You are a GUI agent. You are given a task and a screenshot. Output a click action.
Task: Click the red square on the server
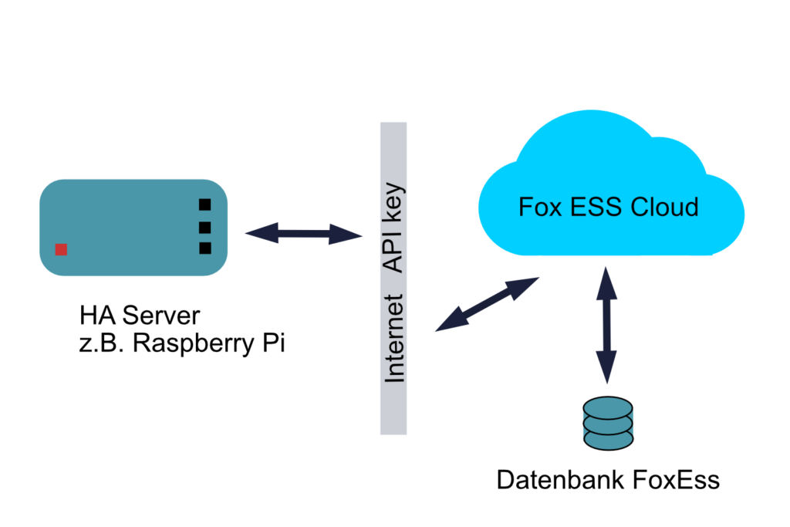(x=61, y=249)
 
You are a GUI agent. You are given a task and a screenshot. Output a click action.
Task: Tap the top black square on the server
(x=204, y=204)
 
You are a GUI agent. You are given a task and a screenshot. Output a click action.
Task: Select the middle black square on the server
(x=204, y=227)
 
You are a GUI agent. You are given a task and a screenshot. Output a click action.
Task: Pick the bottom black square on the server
(x=204, y=248)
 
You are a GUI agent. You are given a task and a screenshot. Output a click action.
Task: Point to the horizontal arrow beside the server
(x=303, y=232)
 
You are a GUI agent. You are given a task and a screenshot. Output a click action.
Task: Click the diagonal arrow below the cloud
(x=487, y=305)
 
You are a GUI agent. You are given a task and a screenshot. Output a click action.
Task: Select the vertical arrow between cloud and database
(x=606, y=324)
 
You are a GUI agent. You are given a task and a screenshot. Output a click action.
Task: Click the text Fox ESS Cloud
(x=608, y=208)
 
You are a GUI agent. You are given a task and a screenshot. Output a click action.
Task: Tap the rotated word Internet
(x=394, y=339)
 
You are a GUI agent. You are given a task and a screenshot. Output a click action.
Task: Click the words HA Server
(x=139, y=316)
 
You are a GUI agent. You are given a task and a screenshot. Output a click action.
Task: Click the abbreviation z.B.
(x=103, y=343)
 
